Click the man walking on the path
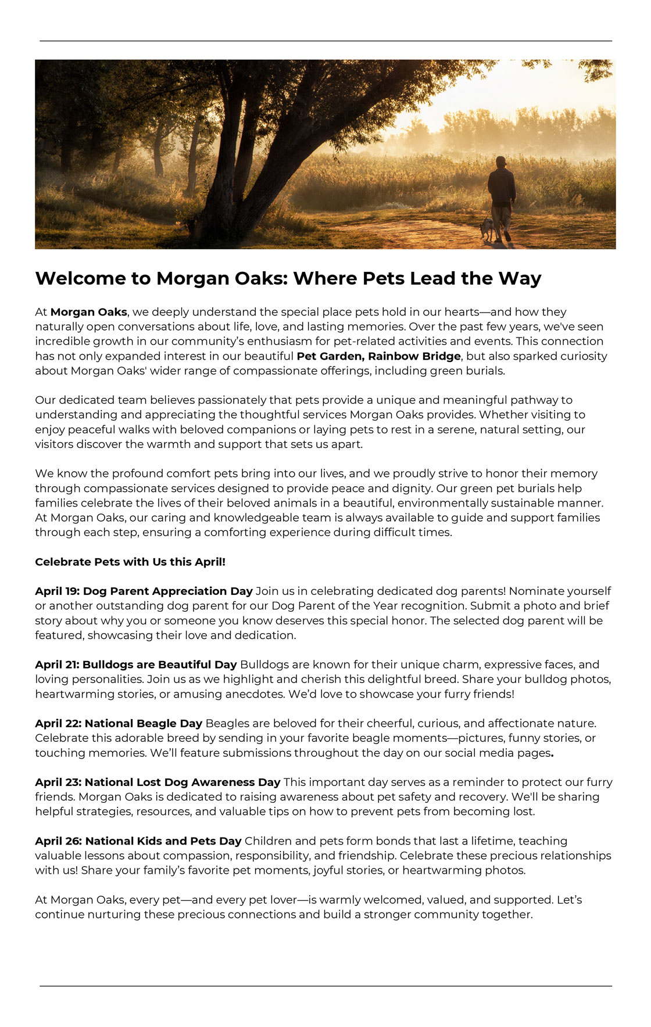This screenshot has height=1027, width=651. [501, 195]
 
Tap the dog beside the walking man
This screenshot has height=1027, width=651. [487, 228]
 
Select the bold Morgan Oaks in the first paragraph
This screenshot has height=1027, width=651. [88, 312]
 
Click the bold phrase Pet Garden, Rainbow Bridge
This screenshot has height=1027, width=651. [378, 356]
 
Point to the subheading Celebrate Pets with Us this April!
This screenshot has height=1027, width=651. [130, 562]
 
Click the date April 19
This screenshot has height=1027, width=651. [56, 591]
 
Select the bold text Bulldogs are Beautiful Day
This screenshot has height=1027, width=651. [160, 665]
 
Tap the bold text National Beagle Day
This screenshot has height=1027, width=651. [144, 723]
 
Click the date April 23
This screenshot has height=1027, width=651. [58, 782]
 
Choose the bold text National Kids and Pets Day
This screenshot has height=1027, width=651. [163, 841]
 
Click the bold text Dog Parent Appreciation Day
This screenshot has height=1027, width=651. [168, 591]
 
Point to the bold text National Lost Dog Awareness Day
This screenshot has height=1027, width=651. [183, 782]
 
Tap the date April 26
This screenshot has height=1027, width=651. [58, 841]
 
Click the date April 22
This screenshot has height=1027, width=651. [58, 723]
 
